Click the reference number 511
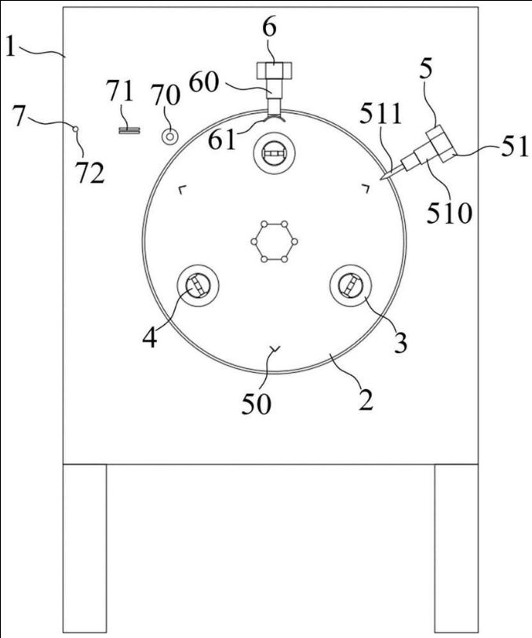(381, 115)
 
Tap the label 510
(449, 213)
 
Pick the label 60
(204, 82)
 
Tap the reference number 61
(221, 140)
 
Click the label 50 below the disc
(257, 404)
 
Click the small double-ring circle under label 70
(169, 137)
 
